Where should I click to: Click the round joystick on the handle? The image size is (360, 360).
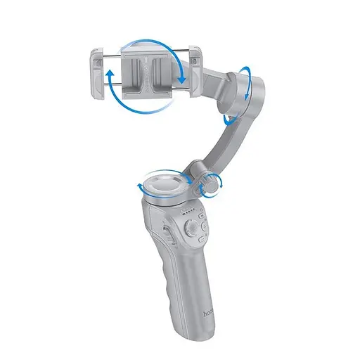click(191, 228)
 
